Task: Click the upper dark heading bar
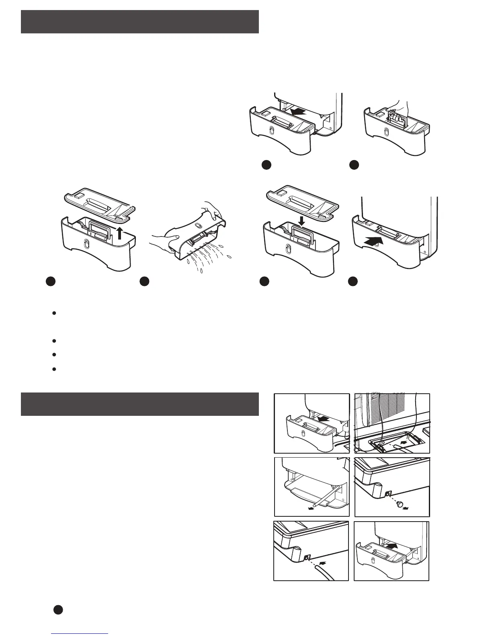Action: [x=139, y=22]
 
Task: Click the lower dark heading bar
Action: [x=139, y=404]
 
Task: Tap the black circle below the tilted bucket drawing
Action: [x=145, y=282]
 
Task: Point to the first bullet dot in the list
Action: [x=53, y=313]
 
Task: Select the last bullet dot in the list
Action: [x=53, y=368]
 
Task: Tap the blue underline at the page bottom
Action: [x=80, y=634]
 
